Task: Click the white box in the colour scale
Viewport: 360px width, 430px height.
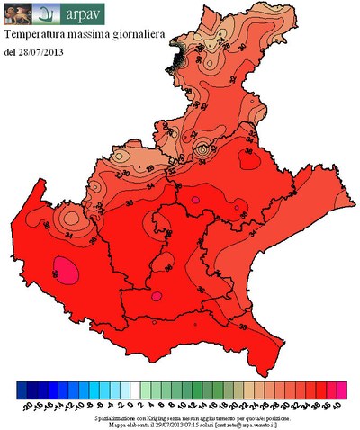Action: [x=134, y=389]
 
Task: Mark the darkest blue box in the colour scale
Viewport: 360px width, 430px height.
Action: [x=22, y=389]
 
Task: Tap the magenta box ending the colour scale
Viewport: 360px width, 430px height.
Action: [x=342, y=389]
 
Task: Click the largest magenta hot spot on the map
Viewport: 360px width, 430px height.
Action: [x=64, y=267]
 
